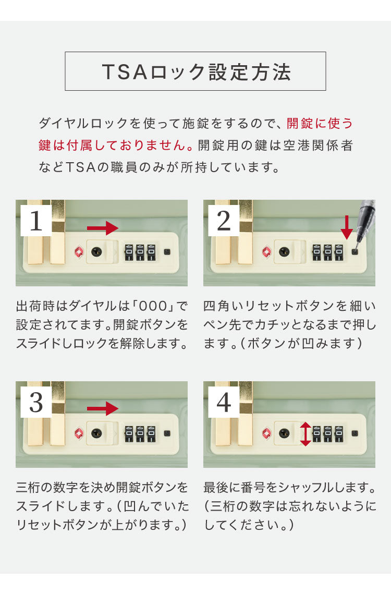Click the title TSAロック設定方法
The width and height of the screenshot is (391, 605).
point(195,71)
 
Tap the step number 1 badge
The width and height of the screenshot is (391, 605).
point(36,221)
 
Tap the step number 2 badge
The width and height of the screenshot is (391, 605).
point(224,221)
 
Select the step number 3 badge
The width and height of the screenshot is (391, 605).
point(36,403)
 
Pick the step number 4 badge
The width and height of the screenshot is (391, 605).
point(224,403)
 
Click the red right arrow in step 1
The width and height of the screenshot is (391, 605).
point(103,228)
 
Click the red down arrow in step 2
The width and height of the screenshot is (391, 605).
point(346,227)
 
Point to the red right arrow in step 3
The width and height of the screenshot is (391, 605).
point(103,408)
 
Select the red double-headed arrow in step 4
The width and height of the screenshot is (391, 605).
point(306,434)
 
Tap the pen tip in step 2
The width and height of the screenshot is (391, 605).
point(358,241)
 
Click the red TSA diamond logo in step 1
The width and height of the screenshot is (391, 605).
point(79,252)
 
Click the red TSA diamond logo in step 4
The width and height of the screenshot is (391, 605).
point(266,433)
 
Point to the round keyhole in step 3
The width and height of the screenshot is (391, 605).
point(96,433)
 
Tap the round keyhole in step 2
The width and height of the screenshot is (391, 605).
point(284,252)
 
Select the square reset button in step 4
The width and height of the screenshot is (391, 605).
point(355,433)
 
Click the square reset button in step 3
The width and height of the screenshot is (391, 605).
point(167,433)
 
